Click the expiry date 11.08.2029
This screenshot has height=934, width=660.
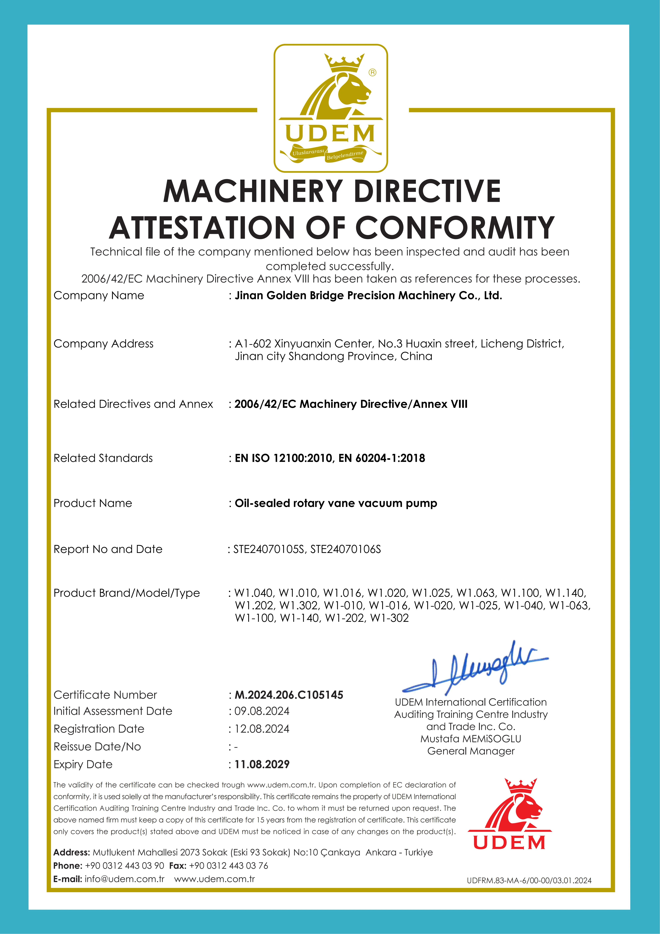pos(262,764)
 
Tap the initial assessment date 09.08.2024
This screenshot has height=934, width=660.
pos(262,711)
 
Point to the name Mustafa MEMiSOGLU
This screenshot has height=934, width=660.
pos(471,739)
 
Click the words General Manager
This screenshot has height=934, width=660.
pos(471,751)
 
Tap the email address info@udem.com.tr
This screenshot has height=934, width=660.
pos(124,879)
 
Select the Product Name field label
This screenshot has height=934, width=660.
pos(93,503)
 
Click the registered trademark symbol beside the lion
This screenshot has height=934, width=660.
pos(372,72)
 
